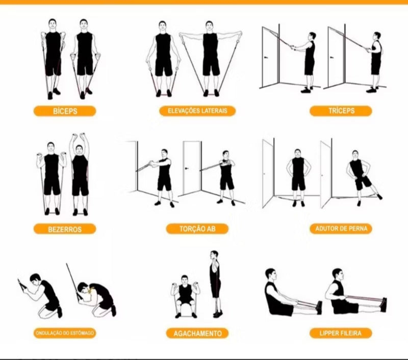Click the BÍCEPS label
pos(65,111)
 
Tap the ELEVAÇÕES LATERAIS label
pos(197,111)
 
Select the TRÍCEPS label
pos(341,111)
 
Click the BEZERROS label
pos(65,229)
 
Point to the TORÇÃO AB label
pos(197,229)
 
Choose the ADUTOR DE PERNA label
pos(341,228)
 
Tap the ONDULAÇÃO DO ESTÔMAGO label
pos(65,333)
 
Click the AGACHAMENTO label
pos(197,333)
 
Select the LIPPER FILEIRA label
pos(341,333)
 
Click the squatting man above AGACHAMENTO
pos(185,297)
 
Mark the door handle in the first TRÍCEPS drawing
pos(266,57)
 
